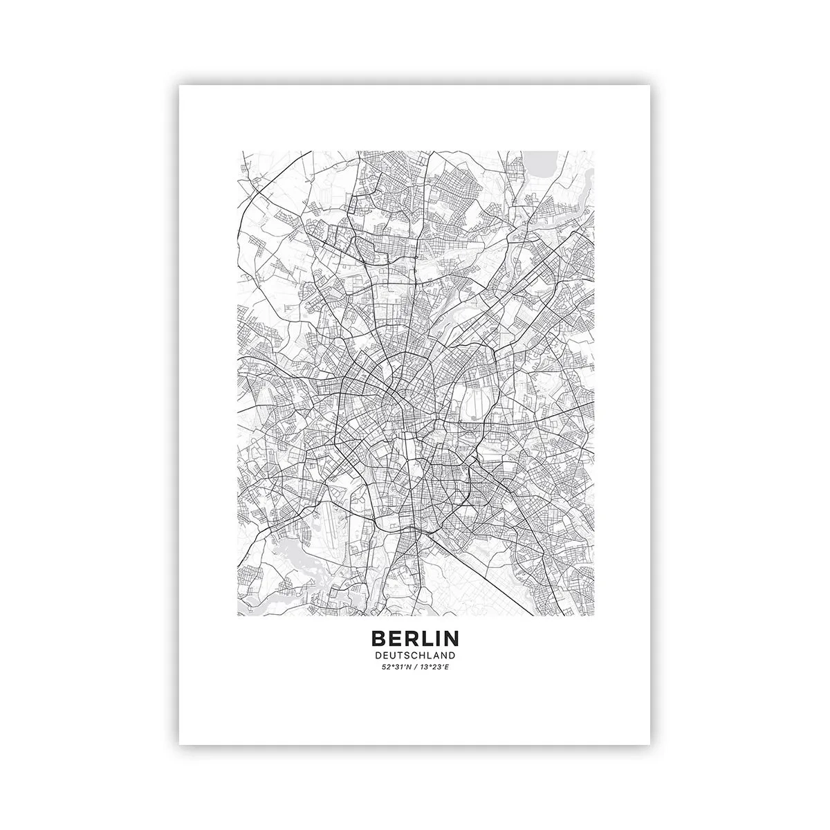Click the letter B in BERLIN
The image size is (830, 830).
[x=378, y=637]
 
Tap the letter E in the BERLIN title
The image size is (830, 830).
[x=395, y=637]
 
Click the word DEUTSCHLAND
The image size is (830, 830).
[x=414, y=654]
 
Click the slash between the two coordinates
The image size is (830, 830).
[x=415, y=667]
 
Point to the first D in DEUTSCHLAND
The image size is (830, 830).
[x=378, y=654]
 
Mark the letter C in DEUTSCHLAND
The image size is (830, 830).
[x=413, y=654]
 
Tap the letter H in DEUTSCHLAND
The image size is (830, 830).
[x=421, y=654]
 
